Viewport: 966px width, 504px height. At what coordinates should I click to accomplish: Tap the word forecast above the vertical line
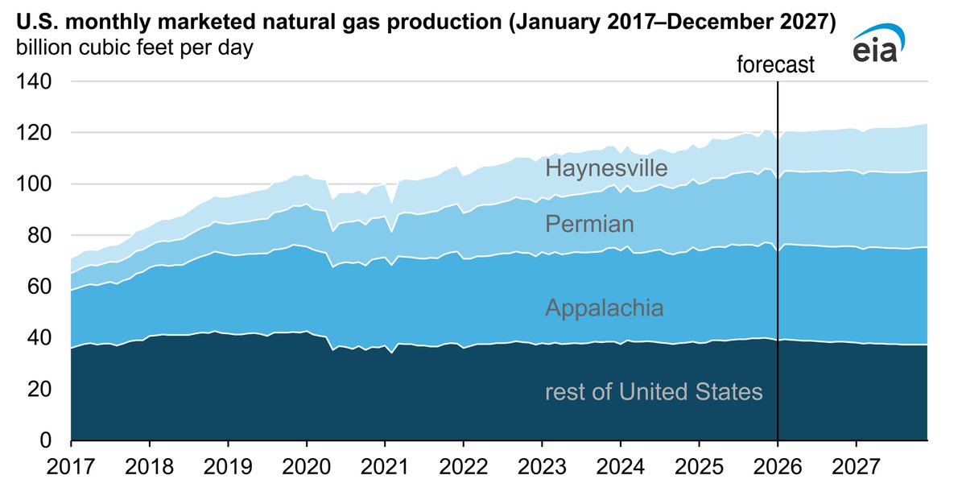[776, 65]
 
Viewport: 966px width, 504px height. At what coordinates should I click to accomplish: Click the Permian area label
[589, 223]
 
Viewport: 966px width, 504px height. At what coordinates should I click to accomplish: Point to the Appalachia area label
[604, 308]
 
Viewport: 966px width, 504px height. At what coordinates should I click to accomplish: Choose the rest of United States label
[653, 392]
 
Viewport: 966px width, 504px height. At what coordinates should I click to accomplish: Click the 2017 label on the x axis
[71, 466]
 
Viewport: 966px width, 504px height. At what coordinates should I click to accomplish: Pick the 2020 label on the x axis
[307, 466]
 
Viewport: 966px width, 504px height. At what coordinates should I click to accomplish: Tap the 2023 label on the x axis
[542, 466]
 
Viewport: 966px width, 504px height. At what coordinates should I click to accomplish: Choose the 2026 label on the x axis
[778, 466]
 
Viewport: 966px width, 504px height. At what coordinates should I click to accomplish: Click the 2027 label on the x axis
[856, 466]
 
